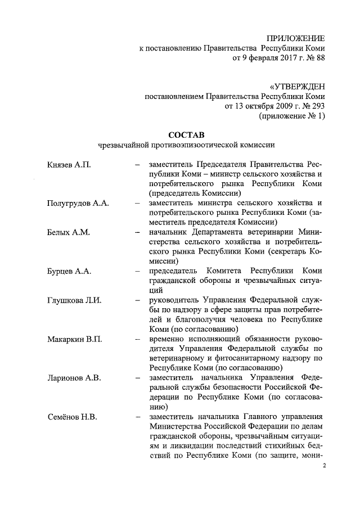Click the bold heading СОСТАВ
click(x=187, y=134)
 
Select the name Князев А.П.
click(x=69, y=164)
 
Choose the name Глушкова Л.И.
click(x=74, y=300)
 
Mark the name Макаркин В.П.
click(x=74, y=339)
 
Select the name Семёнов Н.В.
click(x=73, y=416)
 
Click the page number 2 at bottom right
click(x=324, y=466)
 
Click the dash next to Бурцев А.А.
click(x=137, y=271)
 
